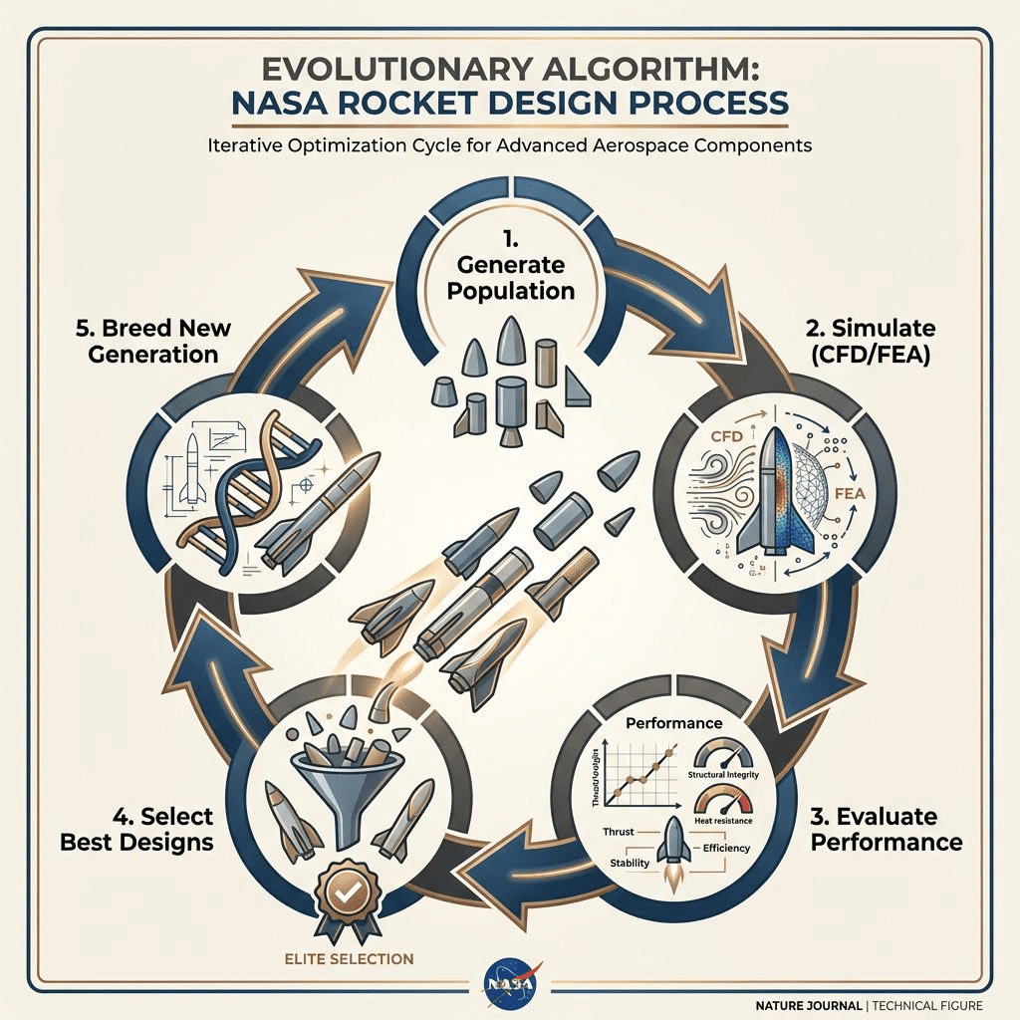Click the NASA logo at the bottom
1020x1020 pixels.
click(x=510, y=980)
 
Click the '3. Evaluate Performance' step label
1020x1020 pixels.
click(x=886, y=830)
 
